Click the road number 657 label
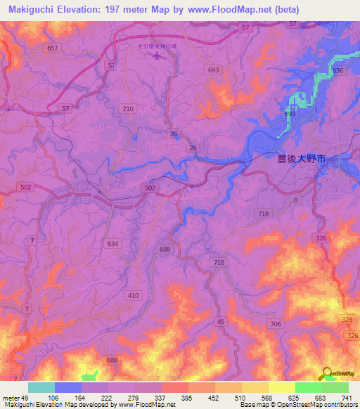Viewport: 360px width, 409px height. pyautogui.click(x=52, y=48)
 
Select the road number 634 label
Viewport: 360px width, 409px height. pyautogui.click(x=112, y=243)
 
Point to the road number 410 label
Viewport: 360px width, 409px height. pyautogui.click(x=134, y=295)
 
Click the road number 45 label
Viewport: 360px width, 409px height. pyautogui.click(x=221, y=321)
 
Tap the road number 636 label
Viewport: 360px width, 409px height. pyautogui.click(x=337, y=71)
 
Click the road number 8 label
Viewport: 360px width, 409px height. pyautogui.click(x=296, y=200)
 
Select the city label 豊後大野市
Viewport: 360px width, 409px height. pyautogui.click(x=300, y=160)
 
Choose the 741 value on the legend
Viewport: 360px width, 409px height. pyautogui.click(x=346, y=398)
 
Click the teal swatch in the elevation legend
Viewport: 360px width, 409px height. pyautogui.click(x=41, y=387)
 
